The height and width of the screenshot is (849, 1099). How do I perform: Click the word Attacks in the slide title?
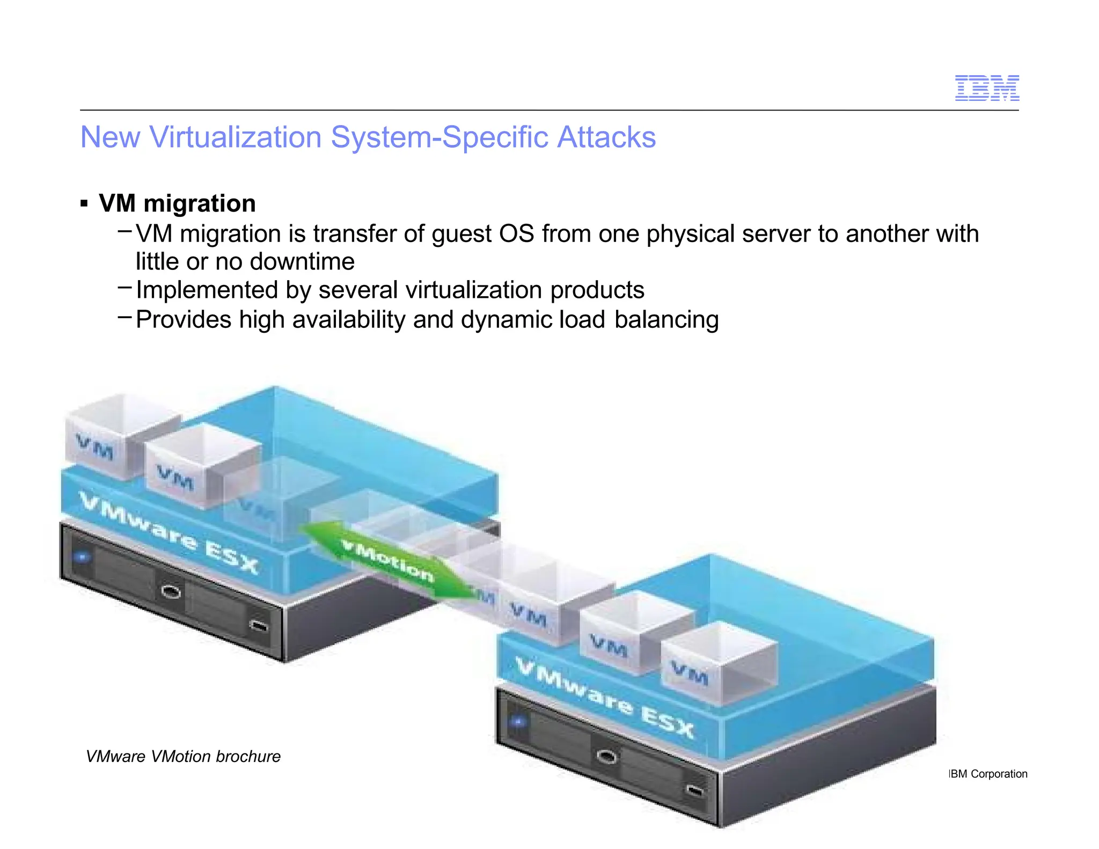coord(606,137)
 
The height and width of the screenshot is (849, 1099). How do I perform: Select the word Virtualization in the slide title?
coord(235,137)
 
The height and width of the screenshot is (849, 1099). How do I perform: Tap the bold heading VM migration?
coord(177,203)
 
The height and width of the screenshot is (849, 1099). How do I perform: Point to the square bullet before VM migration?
coord(84,204)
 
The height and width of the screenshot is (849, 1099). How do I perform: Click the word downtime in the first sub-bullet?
coord(302,262)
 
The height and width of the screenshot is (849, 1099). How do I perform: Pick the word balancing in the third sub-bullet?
coord(666,320)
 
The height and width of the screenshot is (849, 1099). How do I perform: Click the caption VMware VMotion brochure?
coord(183,756)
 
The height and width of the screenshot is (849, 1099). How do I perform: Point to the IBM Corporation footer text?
coord(988,774)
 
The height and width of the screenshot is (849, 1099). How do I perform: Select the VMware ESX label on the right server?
coord(605,698)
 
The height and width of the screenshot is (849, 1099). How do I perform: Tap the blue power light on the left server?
coord(82,557)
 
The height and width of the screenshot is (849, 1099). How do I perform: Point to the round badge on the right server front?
coord(606,757)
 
